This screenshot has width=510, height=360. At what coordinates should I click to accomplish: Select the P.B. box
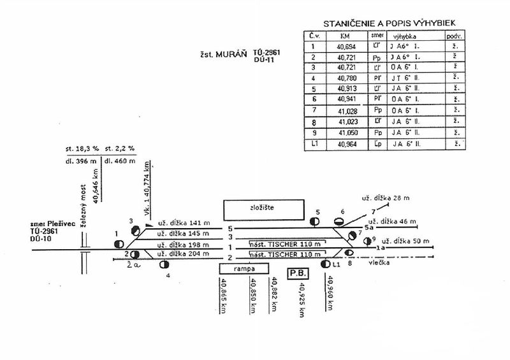coord(298,273)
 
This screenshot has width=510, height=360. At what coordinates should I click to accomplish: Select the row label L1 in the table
coord(312,145)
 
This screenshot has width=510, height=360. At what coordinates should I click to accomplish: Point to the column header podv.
coord(455,36)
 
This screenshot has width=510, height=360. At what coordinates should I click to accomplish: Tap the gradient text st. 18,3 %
coord(81,148)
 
